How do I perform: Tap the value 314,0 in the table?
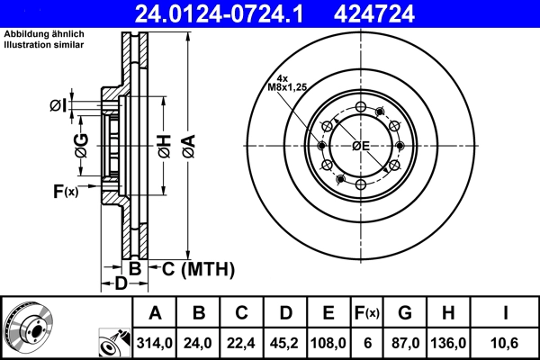coord(155,343)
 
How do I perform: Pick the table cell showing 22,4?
coord(241,343)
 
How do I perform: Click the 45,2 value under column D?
coord(284,343)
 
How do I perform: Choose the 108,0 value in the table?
coord(328,343)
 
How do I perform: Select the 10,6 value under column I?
coord(507,343)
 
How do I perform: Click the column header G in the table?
coord(404,313)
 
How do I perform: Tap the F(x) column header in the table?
coord(366,313)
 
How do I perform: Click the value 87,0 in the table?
coord(404,343)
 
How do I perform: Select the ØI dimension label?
coord(58,106)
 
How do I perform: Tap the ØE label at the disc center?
coord(361,146)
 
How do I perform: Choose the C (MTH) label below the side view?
coord(198,268)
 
